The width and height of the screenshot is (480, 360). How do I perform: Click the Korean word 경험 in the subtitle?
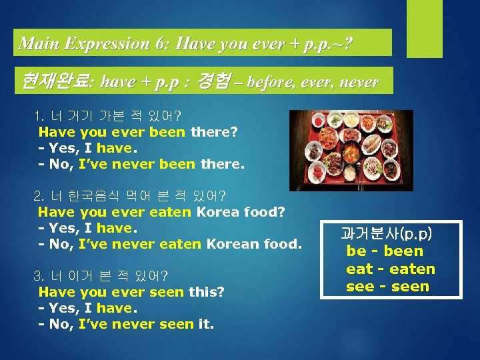pyautogui.click(x=214, y=82)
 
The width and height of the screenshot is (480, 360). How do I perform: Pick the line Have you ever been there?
pyautogui.click(x=137, y=132)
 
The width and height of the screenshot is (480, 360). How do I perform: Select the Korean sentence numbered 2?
pyautogui.click(x=130, y=196)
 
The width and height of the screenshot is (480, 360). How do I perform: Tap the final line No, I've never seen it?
pyautogui.click(x=126, y=325)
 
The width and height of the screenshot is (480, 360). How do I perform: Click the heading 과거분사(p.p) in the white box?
pyautogui.click(x=386, y=233)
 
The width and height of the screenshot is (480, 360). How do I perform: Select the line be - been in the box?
pyautogui.click(x=385, y=251)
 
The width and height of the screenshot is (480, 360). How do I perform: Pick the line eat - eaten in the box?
pyautogui.click(x=390, y=269)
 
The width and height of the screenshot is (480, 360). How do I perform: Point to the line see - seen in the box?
pyautogui.click(x=387, y=287)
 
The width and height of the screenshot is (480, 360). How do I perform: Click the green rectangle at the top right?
pyautogui.click(x=424, y=29)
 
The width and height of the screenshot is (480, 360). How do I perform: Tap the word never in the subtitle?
pyautogui.click(x=359, y=83)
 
